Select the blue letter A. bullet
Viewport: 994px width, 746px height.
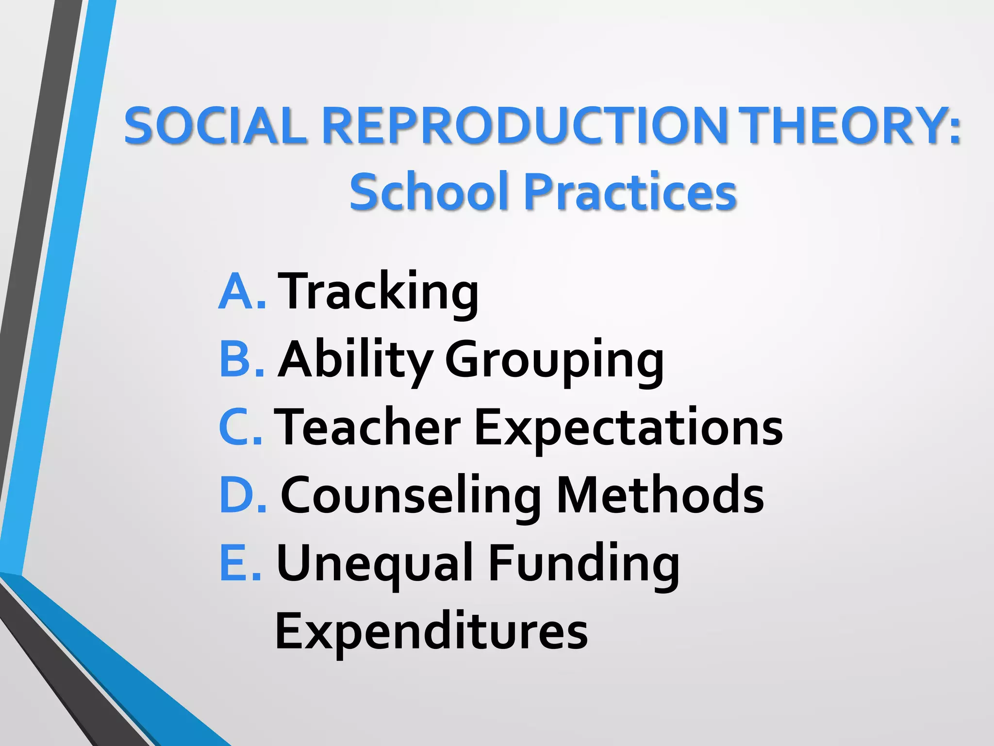242,291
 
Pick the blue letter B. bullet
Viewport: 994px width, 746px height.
242,359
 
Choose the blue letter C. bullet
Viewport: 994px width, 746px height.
241,427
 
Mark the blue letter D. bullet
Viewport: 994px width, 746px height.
242,495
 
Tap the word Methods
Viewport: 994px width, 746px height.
660,495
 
